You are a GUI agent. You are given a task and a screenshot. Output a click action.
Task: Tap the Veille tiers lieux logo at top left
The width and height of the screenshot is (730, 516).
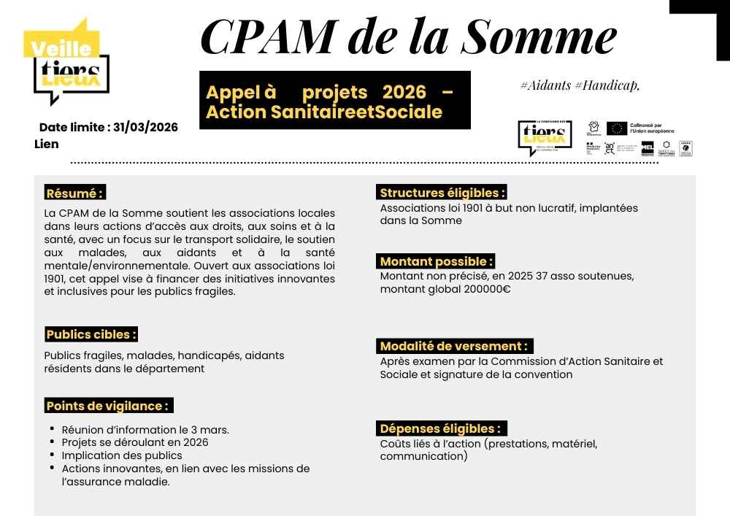point(70,63)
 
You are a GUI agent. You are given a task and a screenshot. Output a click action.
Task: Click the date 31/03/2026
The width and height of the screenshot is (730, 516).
point(146,127)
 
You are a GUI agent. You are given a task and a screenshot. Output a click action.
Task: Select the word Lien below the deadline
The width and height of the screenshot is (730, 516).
point(47,144)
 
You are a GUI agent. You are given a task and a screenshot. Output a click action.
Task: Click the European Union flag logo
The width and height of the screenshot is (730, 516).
point(617,128)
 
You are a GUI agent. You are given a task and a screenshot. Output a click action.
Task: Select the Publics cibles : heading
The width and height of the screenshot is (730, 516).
point(91,334)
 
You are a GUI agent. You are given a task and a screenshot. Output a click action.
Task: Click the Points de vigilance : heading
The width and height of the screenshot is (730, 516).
point(108,406)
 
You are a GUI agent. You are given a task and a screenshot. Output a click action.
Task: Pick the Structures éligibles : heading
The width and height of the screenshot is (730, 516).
point(442,193)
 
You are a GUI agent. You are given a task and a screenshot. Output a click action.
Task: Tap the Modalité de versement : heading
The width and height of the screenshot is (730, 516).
point(454,346)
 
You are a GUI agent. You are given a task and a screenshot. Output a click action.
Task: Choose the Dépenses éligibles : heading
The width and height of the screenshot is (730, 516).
point(441,428)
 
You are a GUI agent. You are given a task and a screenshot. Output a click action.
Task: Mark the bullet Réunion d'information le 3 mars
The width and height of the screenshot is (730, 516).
point(145,429)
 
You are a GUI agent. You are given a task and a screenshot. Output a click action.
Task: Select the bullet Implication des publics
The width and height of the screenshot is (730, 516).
point(122,455)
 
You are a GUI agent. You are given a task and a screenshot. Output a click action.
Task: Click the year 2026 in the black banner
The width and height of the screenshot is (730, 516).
point(404,93)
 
